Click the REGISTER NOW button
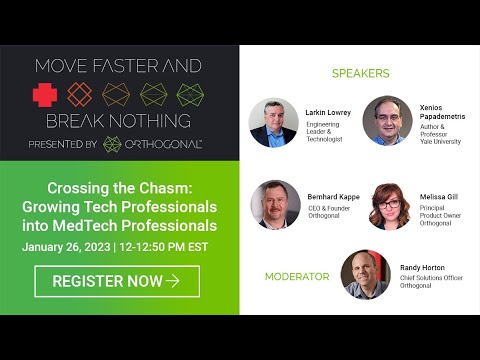[117, 281]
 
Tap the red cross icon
[47, 96]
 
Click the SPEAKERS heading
[360, 73]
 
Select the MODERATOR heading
[297, 276]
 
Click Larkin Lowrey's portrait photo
[274, 122]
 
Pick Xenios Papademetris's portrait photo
[388, 122]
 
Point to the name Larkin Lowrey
[327, 113]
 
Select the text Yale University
[441, 141]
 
